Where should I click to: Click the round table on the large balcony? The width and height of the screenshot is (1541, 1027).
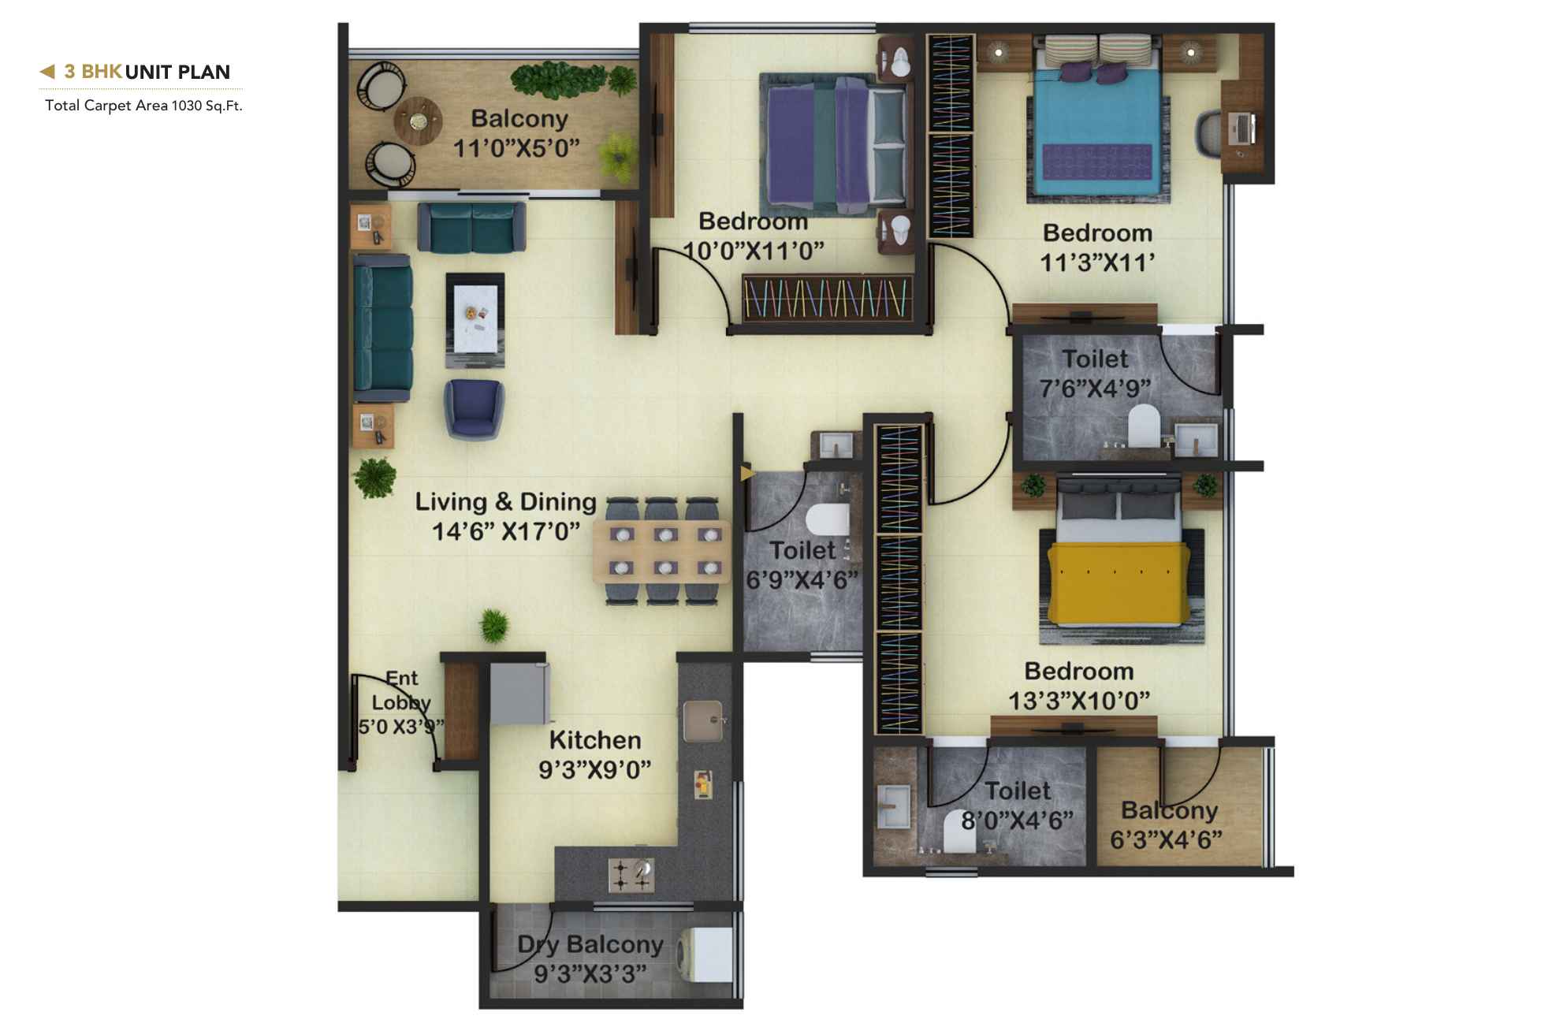pyautogui.click(x=417, y=121)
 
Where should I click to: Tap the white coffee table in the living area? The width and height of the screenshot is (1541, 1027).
pyautogui.click(x=475, y=318)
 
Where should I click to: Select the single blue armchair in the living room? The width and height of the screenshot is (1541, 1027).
pyautogui.click(x=473, y=407)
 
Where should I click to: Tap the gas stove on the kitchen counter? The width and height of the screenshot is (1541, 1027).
pyautogui.click(x=631, y=873)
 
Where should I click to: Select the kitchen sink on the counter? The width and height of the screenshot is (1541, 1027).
pyautogui.click(x=702, y=720)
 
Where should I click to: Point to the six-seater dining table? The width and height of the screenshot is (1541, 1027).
pyautogui.click(x=662, y=551)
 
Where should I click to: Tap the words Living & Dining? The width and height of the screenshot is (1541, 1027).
pyautogui.click(x=505, y=502)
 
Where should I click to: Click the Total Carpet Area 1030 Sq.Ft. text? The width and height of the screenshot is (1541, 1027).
pyautogui.click(x=143, y=106)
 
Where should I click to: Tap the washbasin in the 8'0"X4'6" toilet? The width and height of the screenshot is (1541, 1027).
pyautogui.click(x=893, y=807)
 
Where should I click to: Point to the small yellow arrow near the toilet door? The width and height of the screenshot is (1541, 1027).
pyautogui.click(x=746, y=473)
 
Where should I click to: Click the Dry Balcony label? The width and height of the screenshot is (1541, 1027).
pyautogui.click(x=590, y=944)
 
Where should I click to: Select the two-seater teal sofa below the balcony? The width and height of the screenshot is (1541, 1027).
pyautogui.click(x=471, y=227)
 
